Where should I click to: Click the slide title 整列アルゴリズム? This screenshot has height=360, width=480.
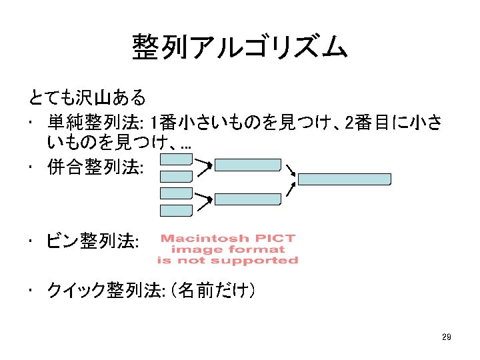pos(239,47)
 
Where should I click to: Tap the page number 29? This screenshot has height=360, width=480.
pos(446,337)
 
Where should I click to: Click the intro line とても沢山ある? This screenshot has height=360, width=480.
pos(87,99)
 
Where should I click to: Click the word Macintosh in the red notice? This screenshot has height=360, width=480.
pos(204,238)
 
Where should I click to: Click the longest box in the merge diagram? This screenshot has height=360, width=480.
pos(344,179)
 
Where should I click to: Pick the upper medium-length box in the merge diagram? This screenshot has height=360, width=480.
pos(247,165)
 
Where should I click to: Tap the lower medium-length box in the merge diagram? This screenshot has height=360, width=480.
pos(247,199)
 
